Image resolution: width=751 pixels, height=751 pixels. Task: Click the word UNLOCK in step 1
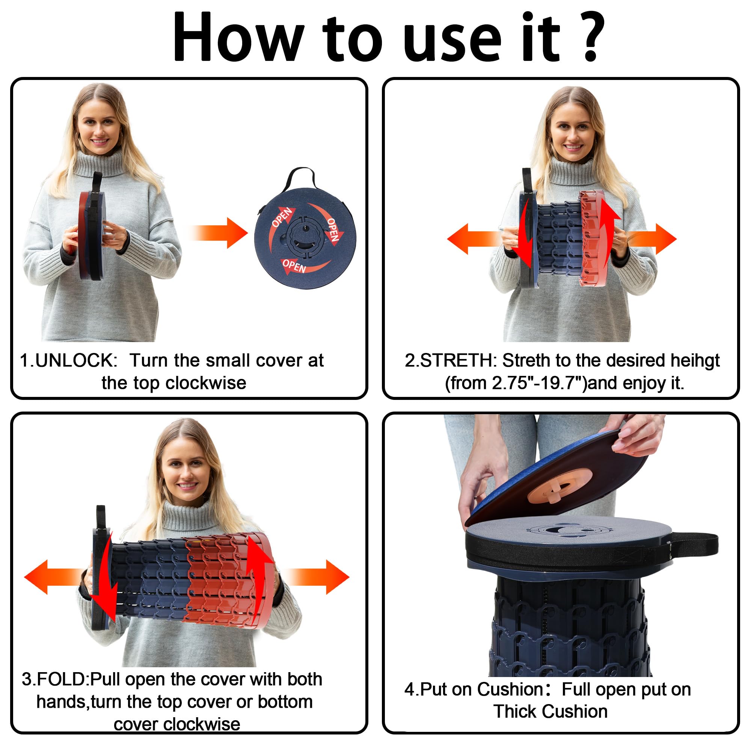click(76, 360)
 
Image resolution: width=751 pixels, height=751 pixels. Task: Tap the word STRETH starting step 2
click(457, 360)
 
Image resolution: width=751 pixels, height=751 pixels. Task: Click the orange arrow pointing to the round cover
click(218, 233)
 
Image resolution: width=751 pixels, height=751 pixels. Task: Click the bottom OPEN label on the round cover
click(294, 265)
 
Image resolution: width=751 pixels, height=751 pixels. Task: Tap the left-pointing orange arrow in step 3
click(53, 577)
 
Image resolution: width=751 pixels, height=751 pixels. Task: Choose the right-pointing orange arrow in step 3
click(316, 577)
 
